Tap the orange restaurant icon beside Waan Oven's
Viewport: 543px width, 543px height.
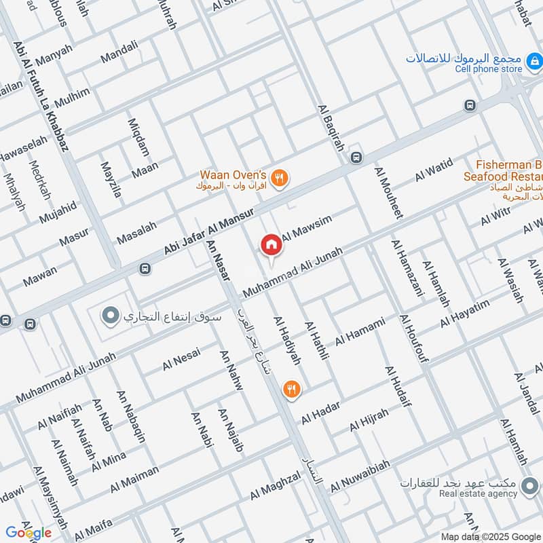tap(279, 179)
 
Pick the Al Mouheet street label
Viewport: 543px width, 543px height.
tap(388, 193)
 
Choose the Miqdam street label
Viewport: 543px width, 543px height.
tap(138, 136)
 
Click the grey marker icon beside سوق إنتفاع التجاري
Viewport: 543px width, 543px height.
tap(109, 316)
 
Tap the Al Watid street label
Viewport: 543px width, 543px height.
tap(434, 172)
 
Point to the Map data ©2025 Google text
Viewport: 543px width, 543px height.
tap(491, 536)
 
